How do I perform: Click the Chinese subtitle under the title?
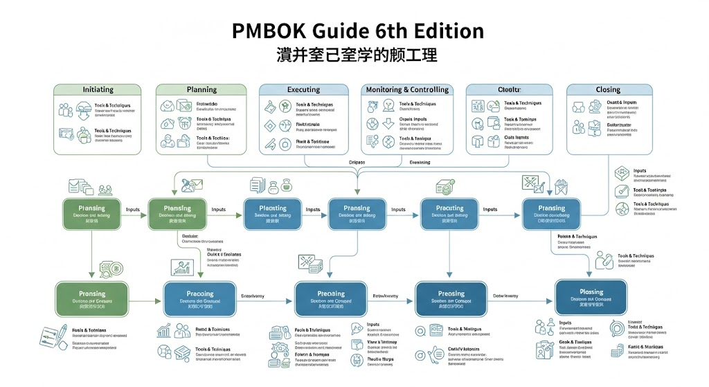click(354, 55)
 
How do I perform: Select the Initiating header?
click(97, 90)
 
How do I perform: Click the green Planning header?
click(201, 90)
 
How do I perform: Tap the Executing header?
click(303, 90)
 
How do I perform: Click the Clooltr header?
click(508, 90)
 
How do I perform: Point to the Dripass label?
click(357, 162)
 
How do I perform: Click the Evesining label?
click(420, 162)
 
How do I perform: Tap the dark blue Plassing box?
click(591, 296)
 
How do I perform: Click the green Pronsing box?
click(92, 298)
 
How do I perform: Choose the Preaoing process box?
click(199, 298)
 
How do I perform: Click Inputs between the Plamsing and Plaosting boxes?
click(218, 210)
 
